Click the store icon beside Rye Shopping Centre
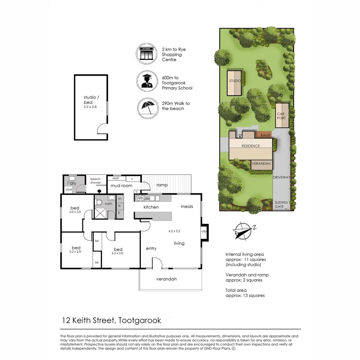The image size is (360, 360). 147,54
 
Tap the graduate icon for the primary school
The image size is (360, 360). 147,81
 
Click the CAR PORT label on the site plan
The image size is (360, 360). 282,116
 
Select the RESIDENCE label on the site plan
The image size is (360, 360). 251,146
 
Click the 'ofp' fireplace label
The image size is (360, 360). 204,231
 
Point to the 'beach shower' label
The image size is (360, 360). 95,181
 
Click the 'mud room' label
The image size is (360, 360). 122,186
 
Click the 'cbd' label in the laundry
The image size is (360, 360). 69,189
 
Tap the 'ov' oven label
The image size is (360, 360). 120,199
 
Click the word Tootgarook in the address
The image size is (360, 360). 140,321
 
